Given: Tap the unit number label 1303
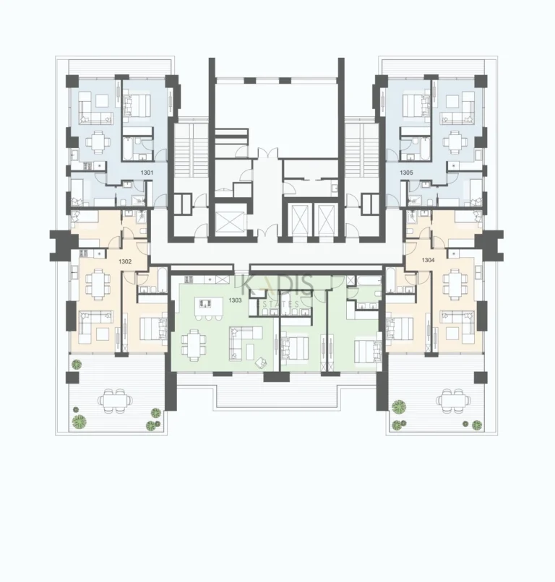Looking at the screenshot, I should (x=235, y=299).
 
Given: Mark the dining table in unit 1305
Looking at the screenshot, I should (x=455, y=141).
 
